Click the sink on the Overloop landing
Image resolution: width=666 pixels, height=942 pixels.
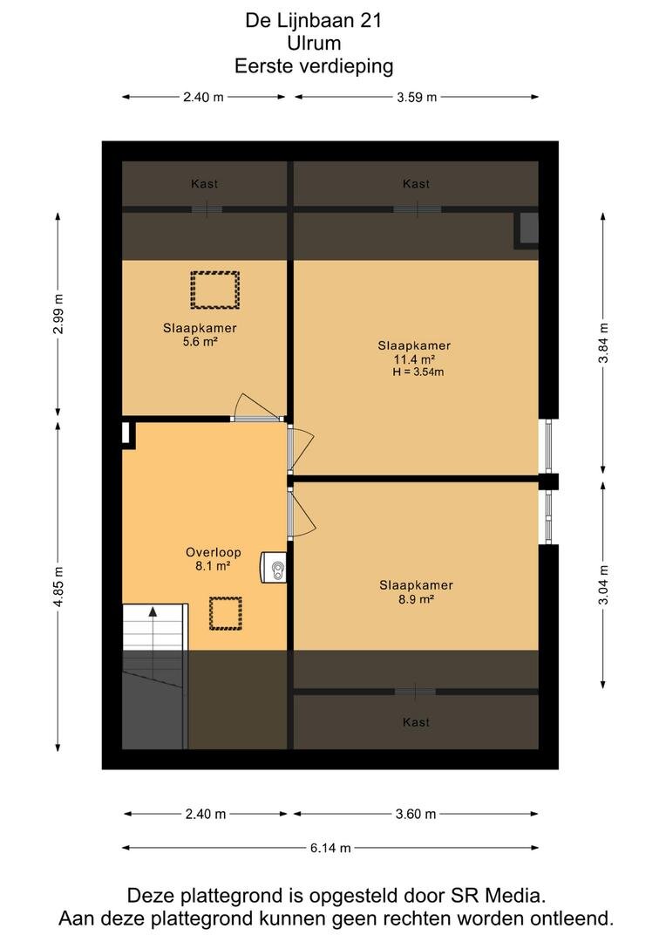pyautogui.click(x=273, y=567)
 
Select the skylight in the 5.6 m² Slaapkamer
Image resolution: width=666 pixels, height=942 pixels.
pyautogui.click(x=215, y=290)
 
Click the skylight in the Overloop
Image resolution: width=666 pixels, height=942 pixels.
pyautogui.click(x=226, y=613)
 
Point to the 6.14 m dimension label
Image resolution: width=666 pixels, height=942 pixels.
pyautogui.click(x=330, y=848)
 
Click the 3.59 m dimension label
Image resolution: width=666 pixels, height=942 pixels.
pyautogui.click(x=417, y=97)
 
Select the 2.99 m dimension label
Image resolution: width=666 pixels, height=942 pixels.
pyautogui.click(x=58, y=314)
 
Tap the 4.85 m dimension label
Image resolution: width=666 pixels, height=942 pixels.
pyautogui.click(x=58, y=586)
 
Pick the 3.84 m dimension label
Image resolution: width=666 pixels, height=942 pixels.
pyautogui.click(x=603, y=343)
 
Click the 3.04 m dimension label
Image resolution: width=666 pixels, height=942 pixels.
pyautogui.click(x=603, y=585)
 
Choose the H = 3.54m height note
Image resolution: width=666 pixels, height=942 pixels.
pyautogui.click(x=418, y=372)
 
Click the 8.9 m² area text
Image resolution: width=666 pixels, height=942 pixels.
pyautogui.click(x=416, y=599)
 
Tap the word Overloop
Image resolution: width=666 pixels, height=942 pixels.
pyautogui.click(x=214, y=552)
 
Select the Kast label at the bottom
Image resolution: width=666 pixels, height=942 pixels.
pyautogui.click(x=416, y=722)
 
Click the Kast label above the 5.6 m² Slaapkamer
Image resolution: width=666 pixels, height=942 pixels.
pyautogui.click(x=204, y=184)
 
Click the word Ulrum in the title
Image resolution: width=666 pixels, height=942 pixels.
pyautogui.click(x=314, y=44)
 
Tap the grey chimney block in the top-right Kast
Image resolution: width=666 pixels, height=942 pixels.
pyautogui.click(x=527, y=229)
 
